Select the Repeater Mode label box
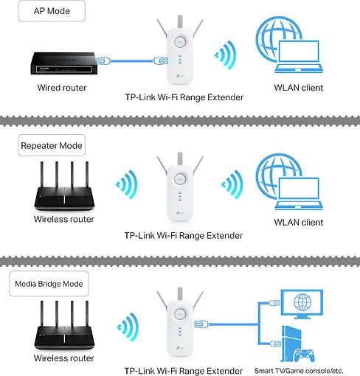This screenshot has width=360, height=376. (x=51, y=145)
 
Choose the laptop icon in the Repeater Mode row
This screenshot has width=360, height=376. (x=297, y=194)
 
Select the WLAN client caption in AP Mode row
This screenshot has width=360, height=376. (x=298, y=88)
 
